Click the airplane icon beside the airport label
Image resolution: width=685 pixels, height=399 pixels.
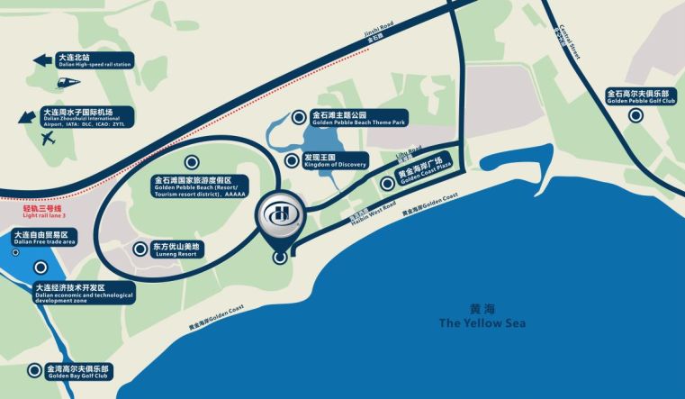(48, 138)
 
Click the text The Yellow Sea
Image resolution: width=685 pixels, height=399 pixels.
(482, 322)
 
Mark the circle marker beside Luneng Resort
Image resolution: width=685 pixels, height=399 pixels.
(140, 249)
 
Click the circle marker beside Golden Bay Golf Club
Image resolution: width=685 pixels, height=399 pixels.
(34, 369)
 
